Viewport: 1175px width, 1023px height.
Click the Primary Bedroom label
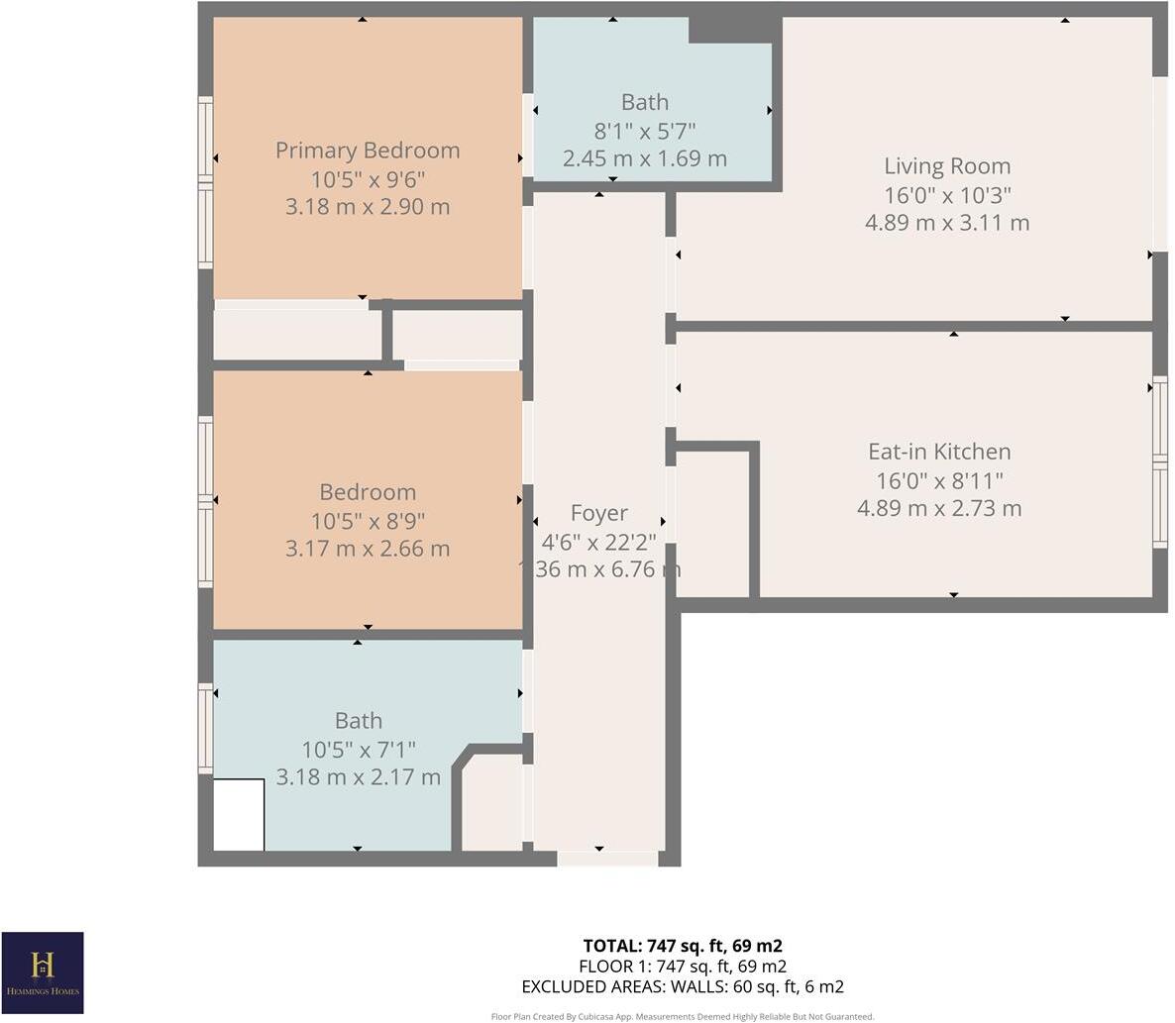pyautogui.click(x=368, y=151)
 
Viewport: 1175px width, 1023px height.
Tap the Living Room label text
pyautogui.click(x=946, y=166)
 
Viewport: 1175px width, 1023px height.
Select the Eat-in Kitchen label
pyautogui.click(x=938, y=452)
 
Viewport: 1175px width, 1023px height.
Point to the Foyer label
pyautogui.click(x=598, y=513)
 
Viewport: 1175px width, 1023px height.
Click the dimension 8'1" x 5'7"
pyautogui.click(x=644, y=130)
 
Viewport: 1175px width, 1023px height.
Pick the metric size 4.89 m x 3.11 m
pyautogui.click(x=946, y=223)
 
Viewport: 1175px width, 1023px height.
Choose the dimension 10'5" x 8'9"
pyautogui.click(x=368, y=520)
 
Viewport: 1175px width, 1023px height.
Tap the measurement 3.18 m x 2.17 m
pyautogui.click(x=358, y=777)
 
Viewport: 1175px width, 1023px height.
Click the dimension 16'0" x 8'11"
pyautogui.click(x=938, y=480)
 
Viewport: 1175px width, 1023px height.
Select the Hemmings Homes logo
pyautogui.click(x=43, y=972)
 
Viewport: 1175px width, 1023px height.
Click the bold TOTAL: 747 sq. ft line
pyautogui.click(x=683, y=946)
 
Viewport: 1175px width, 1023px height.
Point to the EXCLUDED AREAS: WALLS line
pyautogui.click(x=683, y=986)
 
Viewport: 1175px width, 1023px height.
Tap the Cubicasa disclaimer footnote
pyautogui.click(x=683, y=1016)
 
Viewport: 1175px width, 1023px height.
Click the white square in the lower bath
pyautogui.click(x=239, y=815)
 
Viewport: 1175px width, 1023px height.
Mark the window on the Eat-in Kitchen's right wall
pyautogui.click(x=1159, y=461)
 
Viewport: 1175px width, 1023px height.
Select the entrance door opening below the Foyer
pyautogui.click(x=606, y=859)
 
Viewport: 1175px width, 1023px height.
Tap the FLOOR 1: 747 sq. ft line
pyautogui.click(x=683, y=967)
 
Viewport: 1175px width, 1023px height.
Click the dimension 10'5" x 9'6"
pyautogui.click(x=368, y=179)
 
